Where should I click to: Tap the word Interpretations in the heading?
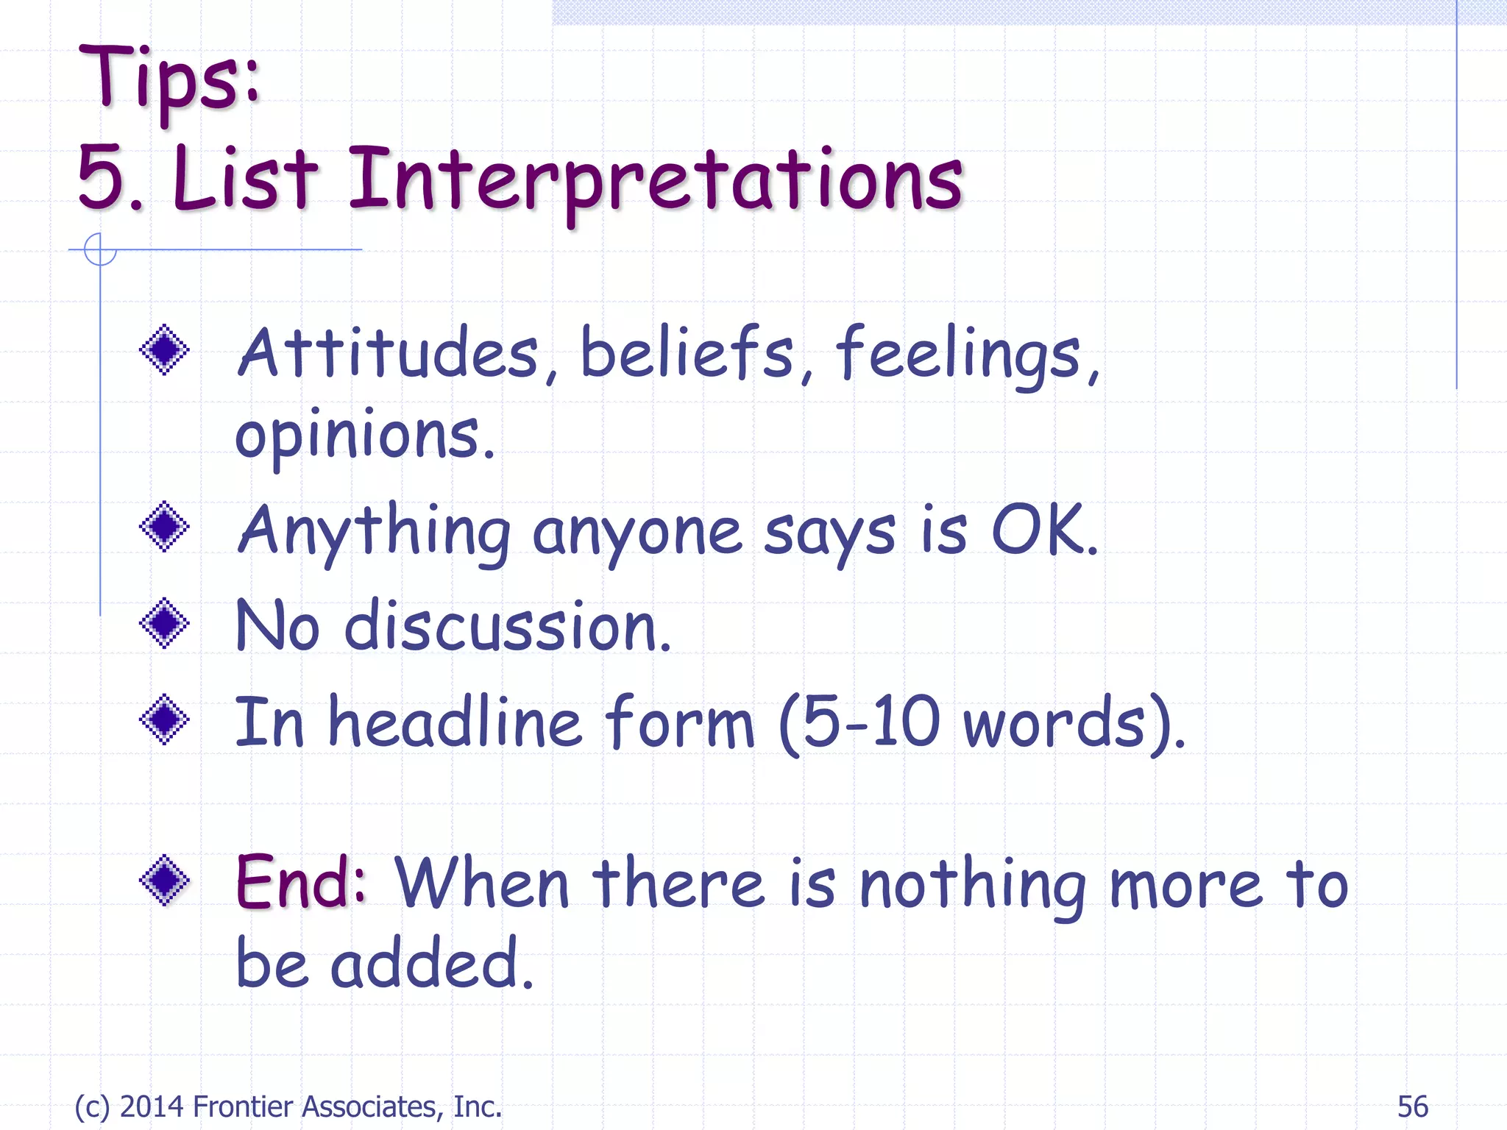click(655, 180)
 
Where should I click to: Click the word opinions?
click(364, 436)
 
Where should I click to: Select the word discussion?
click(508, 627)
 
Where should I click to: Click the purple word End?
click(300, 883)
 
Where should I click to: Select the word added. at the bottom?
click(431, 964)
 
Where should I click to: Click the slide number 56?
click(1412, 1106)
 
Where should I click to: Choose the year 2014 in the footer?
click(151, 1106)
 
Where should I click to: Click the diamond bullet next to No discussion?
click(164, 623)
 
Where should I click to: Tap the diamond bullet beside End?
click(164, 879)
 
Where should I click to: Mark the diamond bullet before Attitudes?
click(164, 349)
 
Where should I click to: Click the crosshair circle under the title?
click(100, 249)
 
